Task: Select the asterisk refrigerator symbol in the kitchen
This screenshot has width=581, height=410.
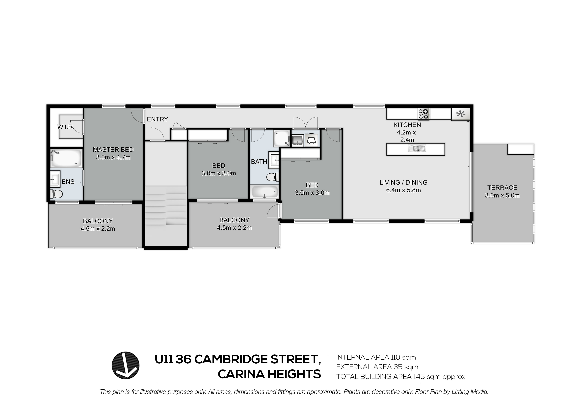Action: click(x=461, y=114)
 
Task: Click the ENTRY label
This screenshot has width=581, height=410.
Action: click(x=157, y=119)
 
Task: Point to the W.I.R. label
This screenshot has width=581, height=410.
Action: click(x=66, y=127)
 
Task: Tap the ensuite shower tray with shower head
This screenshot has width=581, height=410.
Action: click(x=66, y=158)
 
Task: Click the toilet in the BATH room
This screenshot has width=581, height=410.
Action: click(x=273, y=177)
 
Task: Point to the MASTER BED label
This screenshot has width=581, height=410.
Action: click(x=113, y=150)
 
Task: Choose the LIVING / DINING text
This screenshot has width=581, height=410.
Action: click(x=403, y=182)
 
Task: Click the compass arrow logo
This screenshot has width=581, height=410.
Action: click(x=126, y=365)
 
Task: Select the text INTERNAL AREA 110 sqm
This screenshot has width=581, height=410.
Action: click(x=376, y=357)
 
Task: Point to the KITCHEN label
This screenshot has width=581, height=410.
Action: click(x=407, y=125)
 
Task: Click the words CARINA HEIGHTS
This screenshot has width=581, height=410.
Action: click(x=269, y=374)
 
